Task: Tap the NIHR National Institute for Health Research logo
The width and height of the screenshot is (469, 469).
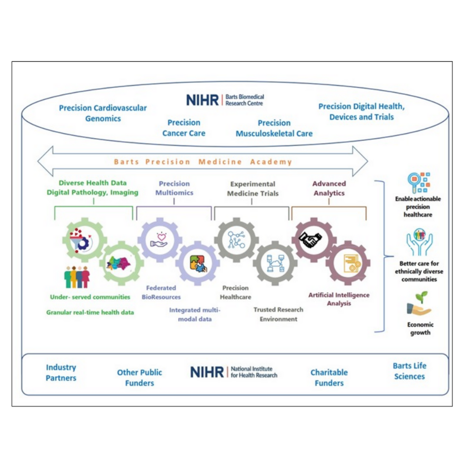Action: tap(234, 372)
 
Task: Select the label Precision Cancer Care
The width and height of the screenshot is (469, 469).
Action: tap(184, 128)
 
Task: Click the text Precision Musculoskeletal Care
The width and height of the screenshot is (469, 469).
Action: tap(274, 128)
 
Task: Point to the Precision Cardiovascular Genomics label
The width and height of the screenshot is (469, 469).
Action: tap(103, 113)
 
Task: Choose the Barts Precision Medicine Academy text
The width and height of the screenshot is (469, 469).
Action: tap(203, 162)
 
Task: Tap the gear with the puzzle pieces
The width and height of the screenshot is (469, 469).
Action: tap(197, 263)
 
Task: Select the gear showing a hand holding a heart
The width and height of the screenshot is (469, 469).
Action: tap(159, 240)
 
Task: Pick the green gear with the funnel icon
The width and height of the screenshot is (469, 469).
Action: tap(82, 240)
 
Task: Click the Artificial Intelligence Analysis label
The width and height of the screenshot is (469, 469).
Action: tap(339, 299)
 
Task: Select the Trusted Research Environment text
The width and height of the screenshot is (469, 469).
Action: tap(278, 314)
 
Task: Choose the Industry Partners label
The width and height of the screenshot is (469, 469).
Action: tap(61, 372)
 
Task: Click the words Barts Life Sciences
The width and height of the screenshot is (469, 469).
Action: tap(409, 371)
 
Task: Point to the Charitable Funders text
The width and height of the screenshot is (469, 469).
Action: tap(329, 378)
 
